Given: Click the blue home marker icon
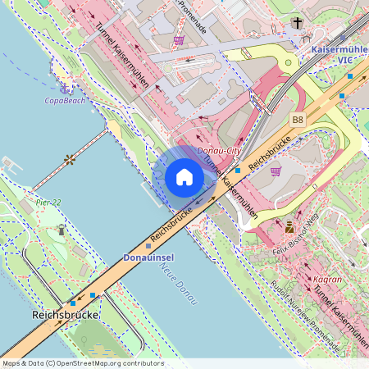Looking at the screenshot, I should click(184, 177).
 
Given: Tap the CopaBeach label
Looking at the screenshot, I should click(64, 100).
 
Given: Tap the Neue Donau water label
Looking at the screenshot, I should click(179, 285).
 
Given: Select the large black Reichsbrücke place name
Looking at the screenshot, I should click(66, 315).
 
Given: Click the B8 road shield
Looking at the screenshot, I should click(297, 120).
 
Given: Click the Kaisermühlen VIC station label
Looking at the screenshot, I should click(339, 55).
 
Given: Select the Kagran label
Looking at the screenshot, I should click(328, 279).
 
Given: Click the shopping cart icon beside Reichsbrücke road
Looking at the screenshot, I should click(276, 171).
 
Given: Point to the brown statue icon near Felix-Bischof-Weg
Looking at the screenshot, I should click(289, 227).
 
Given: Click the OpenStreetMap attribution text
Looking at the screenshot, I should click(83, 362).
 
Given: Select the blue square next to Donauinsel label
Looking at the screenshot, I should click(148, 244).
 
